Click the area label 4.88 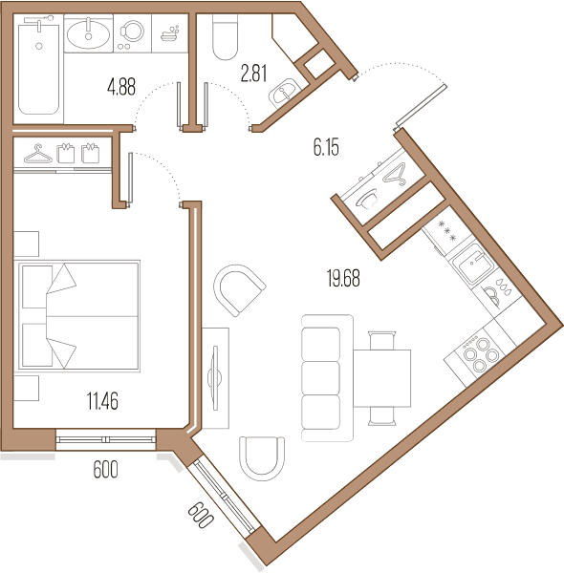[121, 88]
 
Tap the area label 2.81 [253, 74]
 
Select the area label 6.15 [326, 147]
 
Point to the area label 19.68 [343, 278]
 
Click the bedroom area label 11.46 [102, 401]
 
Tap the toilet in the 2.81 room [225, 36]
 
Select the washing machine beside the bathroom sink [132, 33]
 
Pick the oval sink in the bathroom [88, 33]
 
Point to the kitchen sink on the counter [472, 264]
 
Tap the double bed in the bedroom [77, 316]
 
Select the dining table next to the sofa [381, 378]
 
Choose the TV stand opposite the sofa [215, 378]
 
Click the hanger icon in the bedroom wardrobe [37, 154]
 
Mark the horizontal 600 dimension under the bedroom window [106, 469]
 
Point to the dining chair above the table [381, 340]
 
